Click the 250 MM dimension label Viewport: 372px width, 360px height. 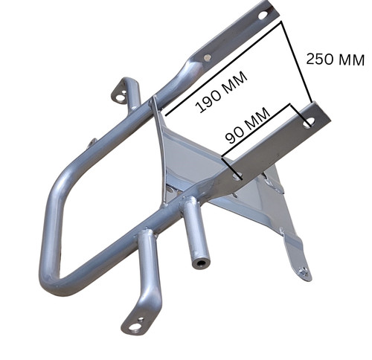tap(335, 60)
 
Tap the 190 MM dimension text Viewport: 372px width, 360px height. tap(221, 92)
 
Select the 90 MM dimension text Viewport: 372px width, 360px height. tap(248, 126)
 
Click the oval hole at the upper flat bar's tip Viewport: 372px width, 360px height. tap(263, 16)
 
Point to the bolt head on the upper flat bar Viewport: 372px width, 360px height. tap(208, 58)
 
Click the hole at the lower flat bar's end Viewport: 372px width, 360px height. tap(309, 123)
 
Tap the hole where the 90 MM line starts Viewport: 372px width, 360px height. tap(237, 176)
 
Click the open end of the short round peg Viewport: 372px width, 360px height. tap(201, 263)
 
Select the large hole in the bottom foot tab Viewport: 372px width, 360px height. tap(135, 327)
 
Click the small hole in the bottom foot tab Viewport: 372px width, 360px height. tap(141, 319)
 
